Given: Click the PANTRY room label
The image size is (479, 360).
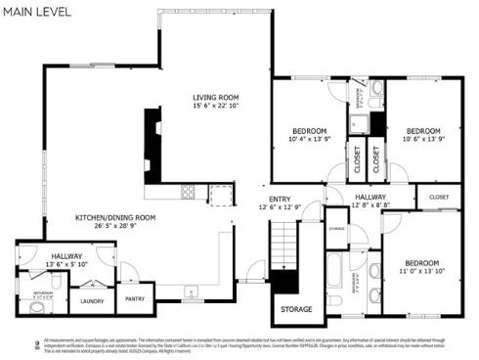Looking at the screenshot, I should click(136, 301).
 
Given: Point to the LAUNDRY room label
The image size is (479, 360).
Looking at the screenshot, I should click(92, 301).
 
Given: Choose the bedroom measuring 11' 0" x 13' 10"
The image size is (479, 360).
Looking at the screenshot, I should click(424, 263).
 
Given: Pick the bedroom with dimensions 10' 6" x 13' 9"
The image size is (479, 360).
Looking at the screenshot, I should click(423, 130).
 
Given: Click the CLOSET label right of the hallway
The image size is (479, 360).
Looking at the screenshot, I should click(439, 198).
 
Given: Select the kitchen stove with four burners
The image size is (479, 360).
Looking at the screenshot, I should click(187, 192).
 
